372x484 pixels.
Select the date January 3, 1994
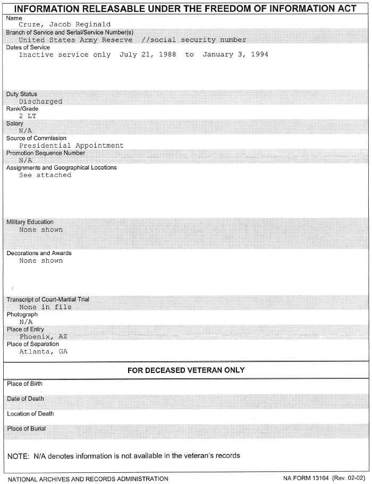pos(235,55)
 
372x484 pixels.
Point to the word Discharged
pos(40,101)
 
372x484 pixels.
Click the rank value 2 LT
pos(28,116)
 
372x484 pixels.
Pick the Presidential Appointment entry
pos(71,146)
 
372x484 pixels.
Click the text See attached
pos(45,175)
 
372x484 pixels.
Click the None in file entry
pos(45,307)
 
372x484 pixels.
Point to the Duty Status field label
pos(22,94)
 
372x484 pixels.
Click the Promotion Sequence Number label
pos(46,153)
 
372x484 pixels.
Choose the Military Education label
pos(30,222)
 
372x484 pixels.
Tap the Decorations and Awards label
pos(39,253)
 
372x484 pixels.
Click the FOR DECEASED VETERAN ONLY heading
pos(186,370)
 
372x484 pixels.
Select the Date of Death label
pos(26,398)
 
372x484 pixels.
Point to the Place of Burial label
pos(27,428)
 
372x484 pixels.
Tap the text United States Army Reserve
pos(75,40)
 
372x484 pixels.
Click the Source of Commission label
pos(36,138)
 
